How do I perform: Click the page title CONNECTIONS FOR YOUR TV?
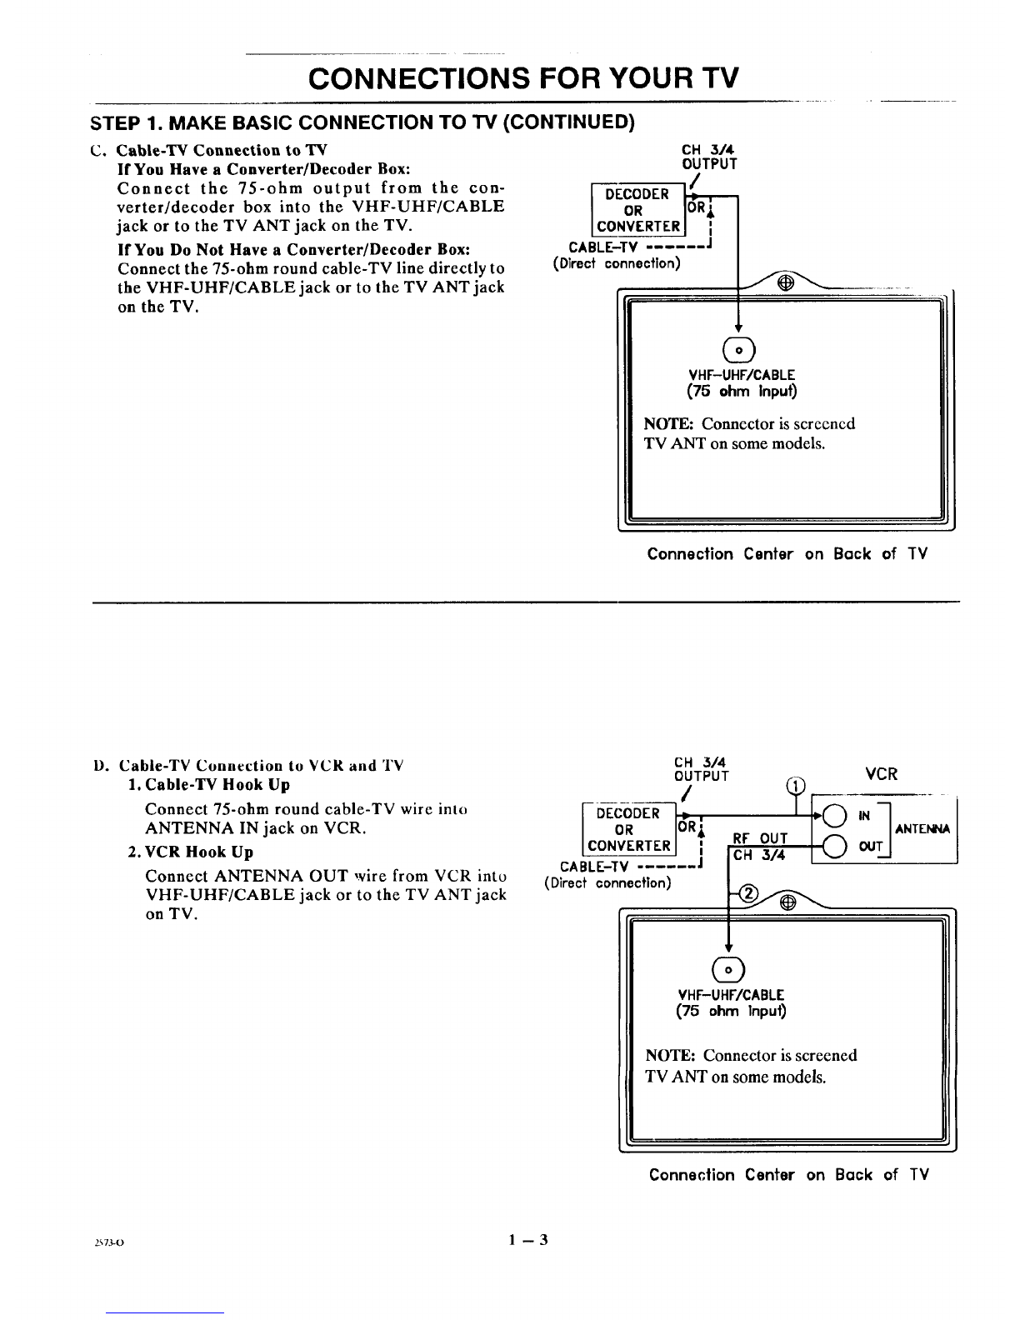pos(523,78)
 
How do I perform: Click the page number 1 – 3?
pos(528,1240)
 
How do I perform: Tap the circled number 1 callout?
pos(795,786)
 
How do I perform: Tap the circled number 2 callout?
pos(750,893)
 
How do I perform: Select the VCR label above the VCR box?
pos(881,774)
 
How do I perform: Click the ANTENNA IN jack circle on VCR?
pos(835,816)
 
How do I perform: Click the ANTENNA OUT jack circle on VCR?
pos(835,846)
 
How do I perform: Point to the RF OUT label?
pos(759,838)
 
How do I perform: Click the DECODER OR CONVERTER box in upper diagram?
pos(637,209)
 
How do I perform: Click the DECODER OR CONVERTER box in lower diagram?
pos(629,829)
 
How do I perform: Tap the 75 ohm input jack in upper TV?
pos(738,350)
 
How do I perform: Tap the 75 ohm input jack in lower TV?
pos(728,969)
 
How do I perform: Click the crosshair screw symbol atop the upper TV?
pos(786,282)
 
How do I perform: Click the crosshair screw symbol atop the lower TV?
pos(787,903)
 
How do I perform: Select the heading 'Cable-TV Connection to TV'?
pos(222,150)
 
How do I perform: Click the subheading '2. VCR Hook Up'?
pos(190,852)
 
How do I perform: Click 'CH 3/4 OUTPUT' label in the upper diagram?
pos(709,157)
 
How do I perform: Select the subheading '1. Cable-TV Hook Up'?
pos(209,784)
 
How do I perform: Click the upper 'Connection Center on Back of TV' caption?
pos(787,553)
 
